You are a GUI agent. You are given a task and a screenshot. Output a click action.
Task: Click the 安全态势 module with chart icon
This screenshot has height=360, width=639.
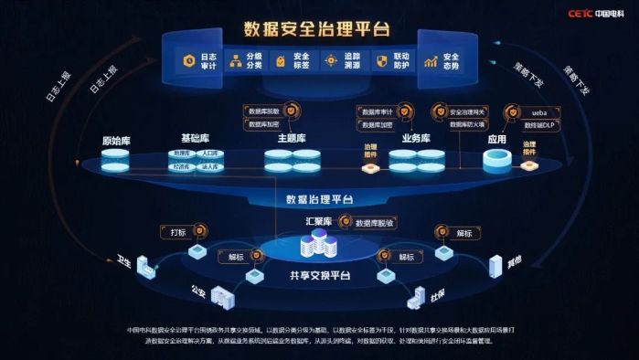point(442,61)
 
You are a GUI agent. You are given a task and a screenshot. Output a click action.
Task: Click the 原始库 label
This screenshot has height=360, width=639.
point(114,142)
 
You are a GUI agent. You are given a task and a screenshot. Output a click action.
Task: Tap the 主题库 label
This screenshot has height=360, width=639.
point(292,138)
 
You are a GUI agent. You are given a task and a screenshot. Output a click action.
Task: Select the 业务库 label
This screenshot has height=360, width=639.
point(416,138)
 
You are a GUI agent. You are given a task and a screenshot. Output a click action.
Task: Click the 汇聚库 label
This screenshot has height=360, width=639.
point(318,221)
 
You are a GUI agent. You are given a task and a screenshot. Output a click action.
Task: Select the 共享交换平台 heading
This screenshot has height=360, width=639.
point(318,275)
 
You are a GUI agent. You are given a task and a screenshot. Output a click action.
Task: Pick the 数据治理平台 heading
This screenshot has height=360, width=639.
point(318,198)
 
